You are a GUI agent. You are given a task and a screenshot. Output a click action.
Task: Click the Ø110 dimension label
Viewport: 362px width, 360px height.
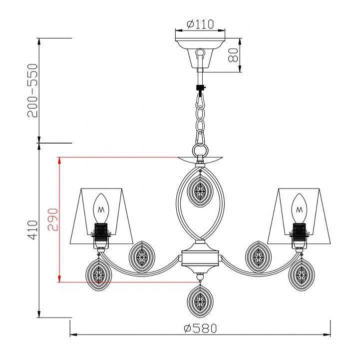200,24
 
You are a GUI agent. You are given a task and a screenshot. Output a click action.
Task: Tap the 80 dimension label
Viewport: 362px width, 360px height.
233,55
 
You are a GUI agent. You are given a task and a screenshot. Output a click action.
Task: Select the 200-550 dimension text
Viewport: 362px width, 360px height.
32,90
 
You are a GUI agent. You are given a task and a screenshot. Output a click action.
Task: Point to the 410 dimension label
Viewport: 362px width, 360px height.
32,230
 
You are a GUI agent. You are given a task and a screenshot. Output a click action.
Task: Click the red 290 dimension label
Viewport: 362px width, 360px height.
53,219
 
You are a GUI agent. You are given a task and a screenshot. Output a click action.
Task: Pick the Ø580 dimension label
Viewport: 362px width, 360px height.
200,328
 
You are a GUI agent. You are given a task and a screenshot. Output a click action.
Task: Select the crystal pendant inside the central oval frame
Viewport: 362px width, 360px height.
200,191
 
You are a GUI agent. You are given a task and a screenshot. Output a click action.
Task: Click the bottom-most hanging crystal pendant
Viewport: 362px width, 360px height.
200,301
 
